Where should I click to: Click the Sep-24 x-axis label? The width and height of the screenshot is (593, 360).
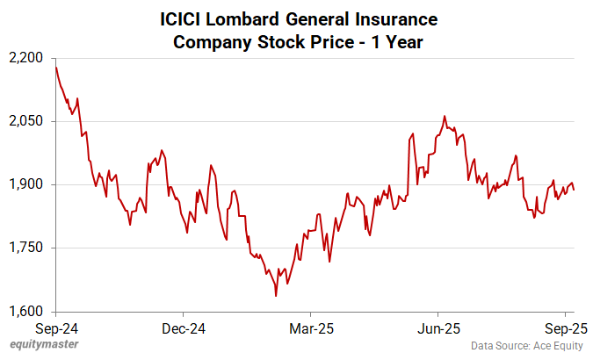[x=56, y=328]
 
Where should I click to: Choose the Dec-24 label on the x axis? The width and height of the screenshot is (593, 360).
[x=184, y=328]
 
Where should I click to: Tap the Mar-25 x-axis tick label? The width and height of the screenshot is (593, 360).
[x=310, y=328]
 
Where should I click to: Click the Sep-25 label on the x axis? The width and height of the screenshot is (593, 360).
[x=565, y=328]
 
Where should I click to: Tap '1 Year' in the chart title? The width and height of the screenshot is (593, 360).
[x=395, y=42]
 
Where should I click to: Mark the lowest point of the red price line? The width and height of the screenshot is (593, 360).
[x=276, y=296]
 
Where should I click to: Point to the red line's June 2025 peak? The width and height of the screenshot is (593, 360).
[x=445, y=116]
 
